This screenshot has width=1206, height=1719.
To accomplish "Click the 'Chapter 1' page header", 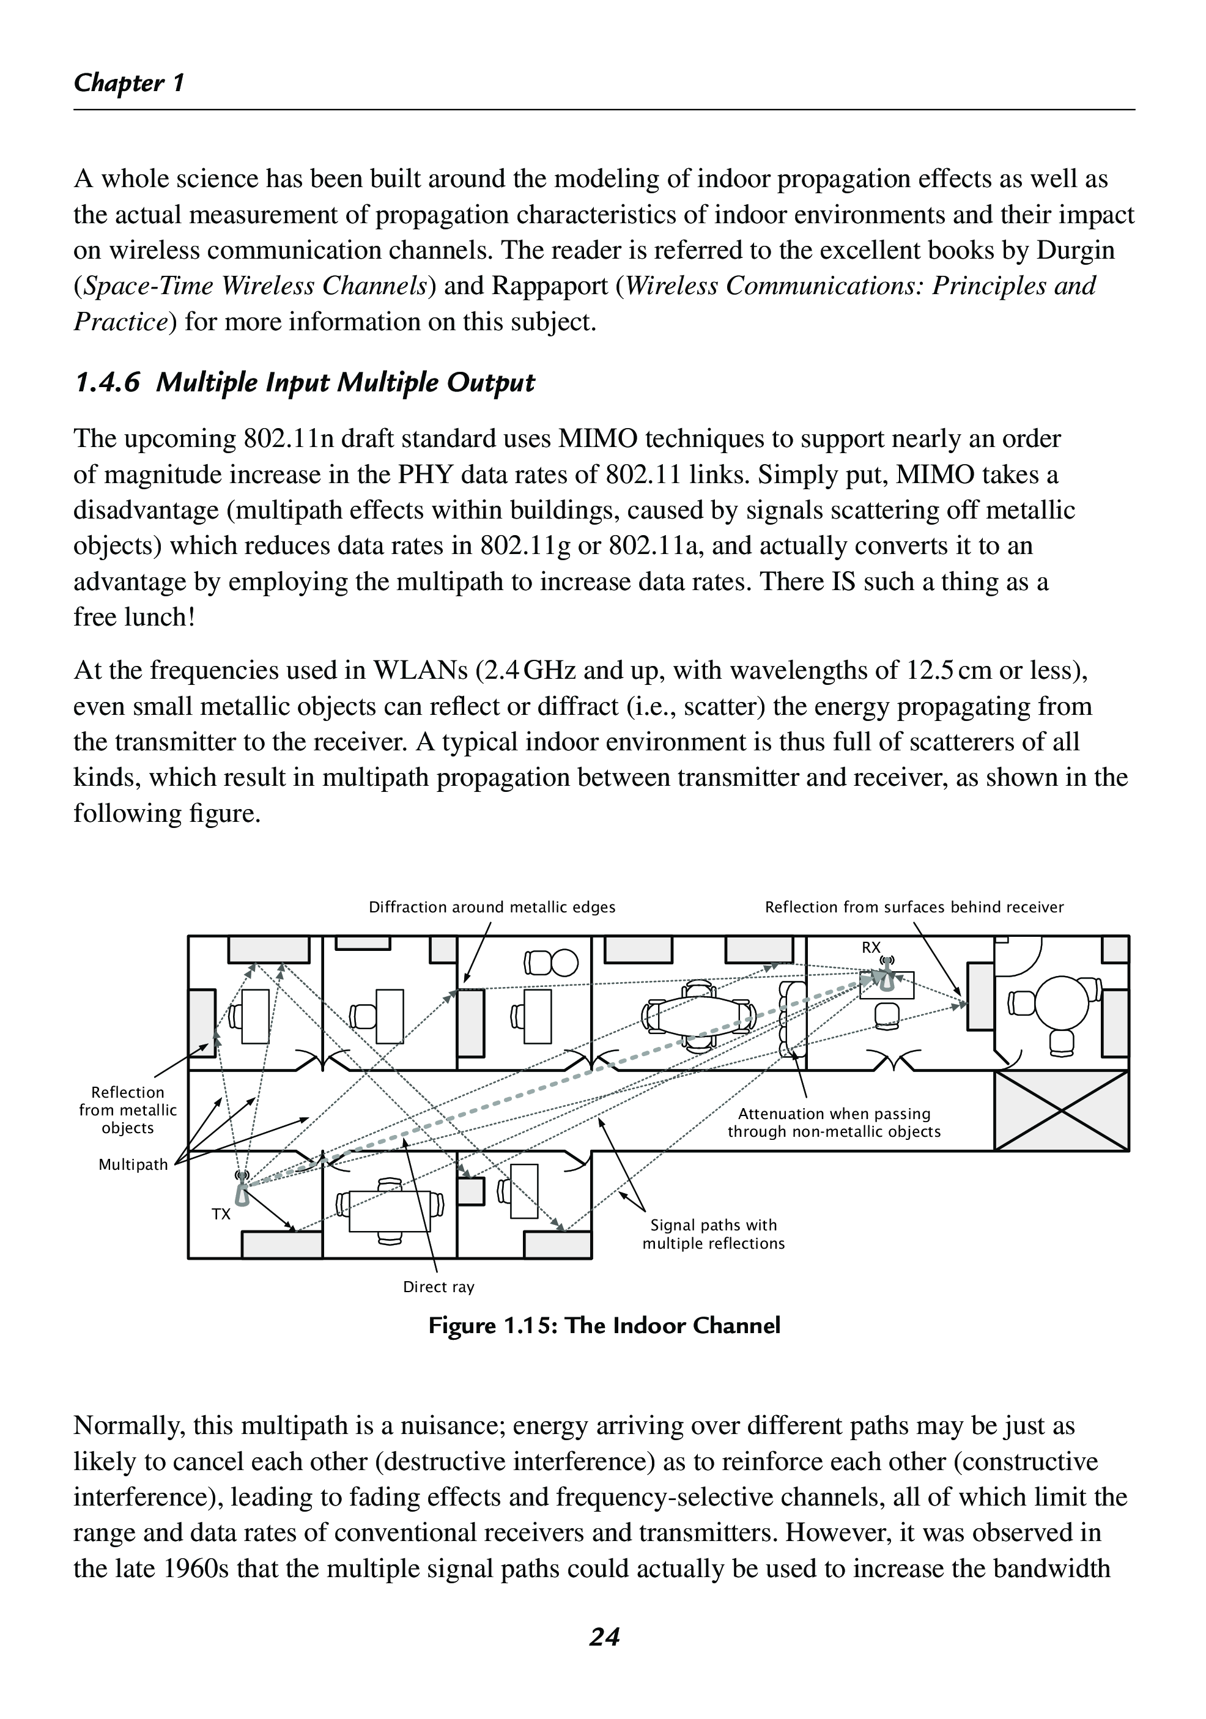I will click(129, 83).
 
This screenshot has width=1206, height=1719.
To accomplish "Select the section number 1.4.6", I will click(107, 383).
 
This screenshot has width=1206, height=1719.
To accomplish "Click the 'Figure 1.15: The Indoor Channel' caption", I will click(604, 1325).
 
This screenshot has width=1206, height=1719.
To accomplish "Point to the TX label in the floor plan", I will click(221, 1214).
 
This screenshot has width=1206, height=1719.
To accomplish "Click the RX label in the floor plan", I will click(871, 948).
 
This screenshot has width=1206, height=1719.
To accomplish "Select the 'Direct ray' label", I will click(438, 1287).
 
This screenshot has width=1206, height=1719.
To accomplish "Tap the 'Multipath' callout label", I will click(133, 1165).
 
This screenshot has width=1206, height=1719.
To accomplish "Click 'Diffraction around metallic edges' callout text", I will click(492, 908).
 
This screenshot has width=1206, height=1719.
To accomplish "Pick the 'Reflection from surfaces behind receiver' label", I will click(913, 908).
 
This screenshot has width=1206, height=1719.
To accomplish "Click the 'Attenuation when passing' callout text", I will click(834, 1114).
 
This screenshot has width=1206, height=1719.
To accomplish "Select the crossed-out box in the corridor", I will click(1061, 1111).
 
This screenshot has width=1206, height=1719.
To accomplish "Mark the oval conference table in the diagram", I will click(698, 1015).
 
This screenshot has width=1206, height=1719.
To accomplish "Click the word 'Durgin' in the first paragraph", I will click(1075, 250).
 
